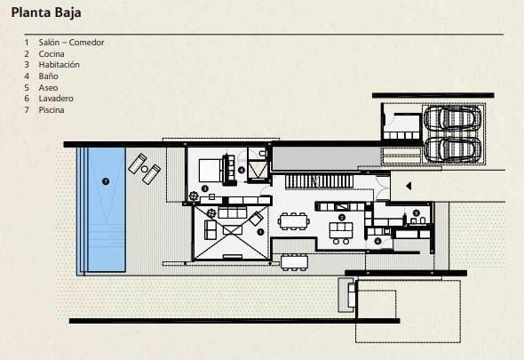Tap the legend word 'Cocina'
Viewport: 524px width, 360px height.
(52, 53)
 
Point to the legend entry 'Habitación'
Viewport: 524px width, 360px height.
(60, 65)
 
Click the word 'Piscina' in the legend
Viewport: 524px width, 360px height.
(52, 110)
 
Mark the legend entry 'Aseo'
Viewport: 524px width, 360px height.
(48, 87)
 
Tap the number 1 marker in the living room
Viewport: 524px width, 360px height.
(259, 231)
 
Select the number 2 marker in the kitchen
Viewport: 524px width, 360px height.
(342, 218)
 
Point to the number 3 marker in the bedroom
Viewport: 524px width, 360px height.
(204, 188)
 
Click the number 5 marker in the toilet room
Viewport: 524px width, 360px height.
(416, 212)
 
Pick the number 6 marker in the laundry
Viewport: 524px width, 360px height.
(377, 240)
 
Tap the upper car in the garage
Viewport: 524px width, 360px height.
(452, 120)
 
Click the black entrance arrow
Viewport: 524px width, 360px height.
(397, 187)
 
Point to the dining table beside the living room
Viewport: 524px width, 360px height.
(292, 221)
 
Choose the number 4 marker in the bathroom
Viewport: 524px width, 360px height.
(242, 169)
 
